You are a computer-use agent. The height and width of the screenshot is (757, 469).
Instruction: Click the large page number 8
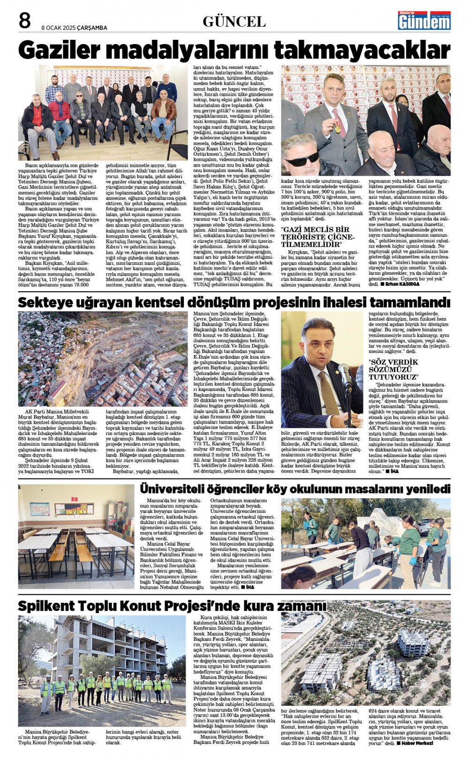[24, 21]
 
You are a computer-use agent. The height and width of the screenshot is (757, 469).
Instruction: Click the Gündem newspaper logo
[424, 21]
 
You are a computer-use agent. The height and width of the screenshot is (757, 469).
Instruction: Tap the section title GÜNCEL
[234, 22]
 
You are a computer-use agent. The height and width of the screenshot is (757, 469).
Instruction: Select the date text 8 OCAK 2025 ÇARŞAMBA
[74, 28]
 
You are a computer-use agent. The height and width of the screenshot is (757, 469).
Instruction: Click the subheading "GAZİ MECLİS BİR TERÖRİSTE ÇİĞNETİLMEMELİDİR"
[315, 237]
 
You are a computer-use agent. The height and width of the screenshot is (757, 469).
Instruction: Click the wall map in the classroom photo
[40, 509]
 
